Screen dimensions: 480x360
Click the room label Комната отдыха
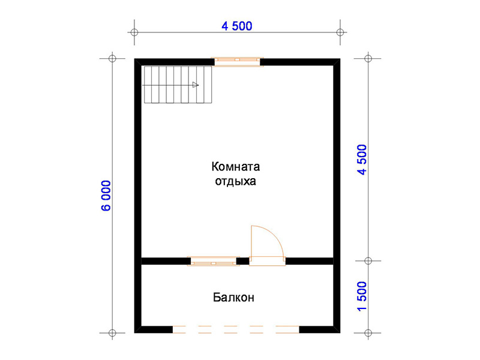(236, 174)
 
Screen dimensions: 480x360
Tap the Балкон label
(233, 297)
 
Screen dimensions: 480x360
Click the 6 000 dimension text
(106, 196)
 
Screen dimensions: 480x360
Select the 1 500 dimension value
(362, 296)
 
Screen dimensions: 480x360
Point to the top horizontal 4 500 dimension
(237, 26)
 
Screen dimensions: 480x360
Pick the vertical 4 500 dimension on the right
(362, 160)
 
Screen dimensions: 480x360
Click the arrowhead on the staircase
(196, 85)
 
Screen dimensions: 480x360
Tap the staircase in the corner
(178, 85)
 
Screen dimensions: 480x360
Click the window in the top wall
(237, 62)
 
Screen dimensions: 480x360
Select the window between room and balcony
(214, 261)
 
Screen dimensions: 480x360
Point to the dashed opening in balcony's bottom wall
(236, 329)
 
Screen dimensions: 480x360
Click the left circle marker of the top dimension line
(134, 32)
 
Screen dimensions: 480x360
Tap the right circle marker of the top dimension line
(340, 32)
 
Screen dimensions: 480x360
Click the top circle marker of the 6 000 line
(112, 58)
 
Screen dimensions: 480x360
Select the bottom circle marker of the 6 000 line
(112, 333)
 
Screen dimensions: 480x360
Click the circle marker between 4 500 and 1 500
(368, 261)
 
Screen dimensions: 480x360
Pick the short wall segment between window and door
(243, 261)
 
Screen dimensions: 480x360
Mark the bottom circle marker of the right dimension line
(368, 333)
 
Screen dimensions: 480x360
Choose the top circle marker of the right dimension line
(368, 58)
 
